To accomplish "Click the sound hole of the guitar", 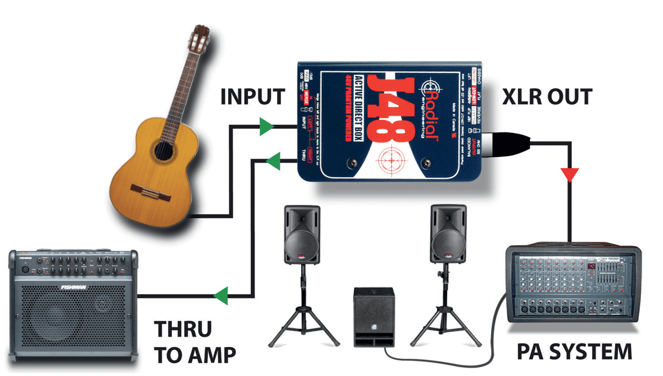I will pyautogui.click(x=162, y=150).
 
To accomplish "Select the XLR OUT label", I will pyautogui.click(x=548, y=97).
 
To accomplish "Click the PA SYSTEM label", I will pyautogui.click(x=575, y=351).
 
